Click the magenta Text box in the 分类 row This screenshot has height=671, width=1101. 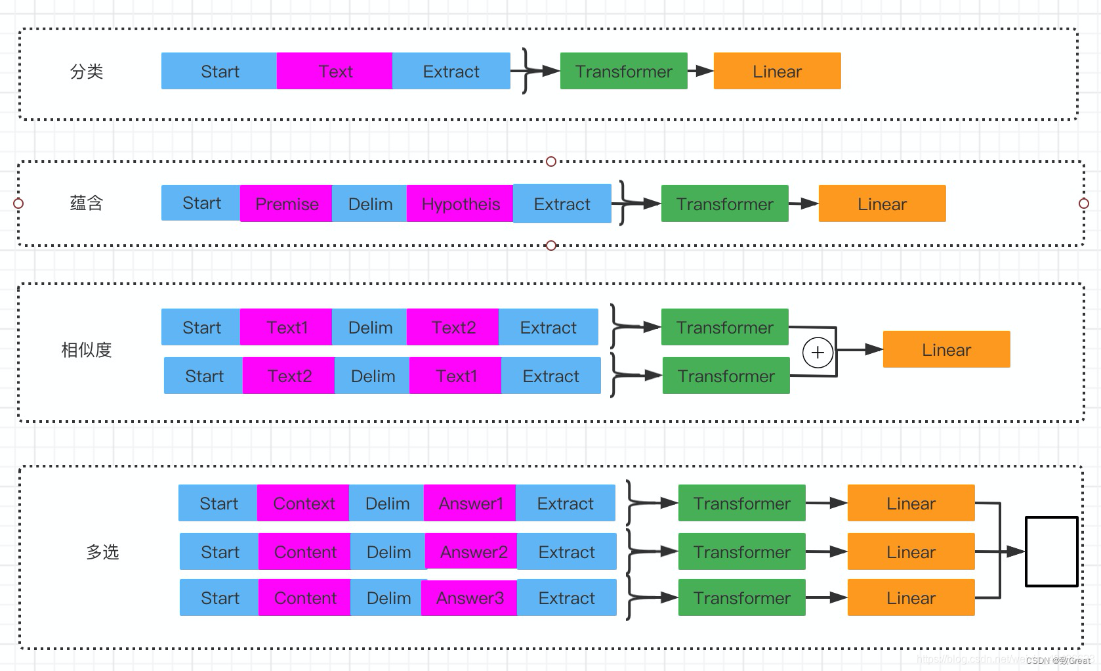(x=335, y=71)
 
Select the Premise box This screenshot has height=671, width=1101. (x=286, y=204)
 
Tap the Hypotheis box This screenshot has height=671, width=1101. (x=460, y=204)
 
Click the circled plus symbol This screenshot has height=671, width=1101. (x=818, y=352)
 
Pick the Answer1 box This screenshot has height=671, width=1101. (x=470, y=504)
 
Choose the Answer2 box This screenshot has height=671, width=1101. (x=472, y=552)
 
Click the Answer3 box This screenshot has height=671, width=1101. (x=469, y=598)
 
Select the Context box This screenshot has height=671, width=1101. (x=303, y=504)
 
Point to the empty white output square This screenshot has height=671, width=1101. (x=1051, y=552)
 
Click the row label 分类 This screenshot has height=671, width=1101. (x=87, y=72)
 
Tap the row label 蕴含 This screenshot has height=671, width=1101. (x=87, y=204)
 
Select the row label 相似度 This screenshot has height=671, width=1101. (x=87, y=350)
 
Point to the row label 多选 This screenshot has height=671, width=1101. (x=102, y=552)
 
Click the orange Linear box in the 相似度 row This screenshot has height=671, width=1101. (x=946, y=350)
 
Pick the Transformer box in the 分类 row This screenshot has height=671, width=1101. (x=623, y=71)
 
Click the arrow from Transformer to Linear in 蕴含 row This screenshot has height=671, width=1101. (x=804, y=204)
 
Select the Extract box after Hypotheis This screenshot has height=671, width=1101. (x=562, y=204)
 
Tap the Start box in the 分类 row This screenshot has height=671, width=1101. (x=219, y=71)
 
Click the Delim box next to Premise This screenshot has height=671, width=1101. (x=369, y=204)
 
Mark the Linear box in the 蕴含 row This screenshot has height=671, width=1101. (x=882, y=204)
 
